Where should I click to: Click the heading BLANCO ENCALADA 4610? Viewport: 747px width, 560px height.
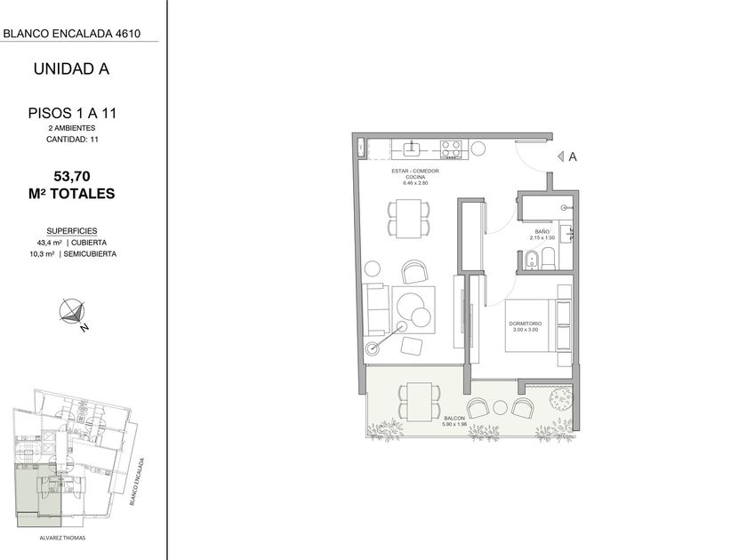point(72,34)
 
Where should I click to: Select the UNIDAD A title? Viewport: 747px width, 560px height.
point(71,69)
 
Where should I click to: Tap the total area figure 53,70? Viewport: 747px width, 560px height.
point(72,176)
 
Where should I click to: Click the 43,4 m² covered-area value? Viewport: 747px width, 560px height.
point(45,243)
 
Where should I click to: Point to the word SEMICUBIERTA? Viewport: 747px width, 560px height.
point(90,254)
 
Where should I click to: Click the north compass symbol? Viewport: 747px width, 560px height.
point(72,313)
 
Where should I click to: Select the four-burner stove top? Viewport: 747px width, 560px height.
point(451,148)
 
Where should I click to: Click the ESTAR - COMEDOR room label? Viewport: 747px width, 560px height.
point(415,171)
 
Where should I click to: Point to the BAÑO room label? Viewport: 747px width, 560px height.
point(542,232)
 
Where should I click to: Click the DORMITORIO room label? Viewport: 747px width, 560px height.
point(526,324)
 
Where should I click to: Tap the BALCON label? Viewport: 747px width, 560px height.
point(454,418)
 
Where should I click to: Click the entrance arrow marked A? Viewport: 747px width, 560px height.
point(561,156)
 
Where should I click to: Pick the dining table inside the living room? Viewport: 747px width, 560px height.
point(409,218)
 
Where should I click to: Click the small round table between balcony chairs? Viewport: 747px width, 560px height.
point(500,408)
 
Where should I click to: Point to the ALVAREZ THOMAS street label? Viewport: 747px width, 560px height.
point(62,538)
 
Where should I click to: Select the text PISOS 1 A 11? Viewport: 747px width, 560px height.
point(72,114)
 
